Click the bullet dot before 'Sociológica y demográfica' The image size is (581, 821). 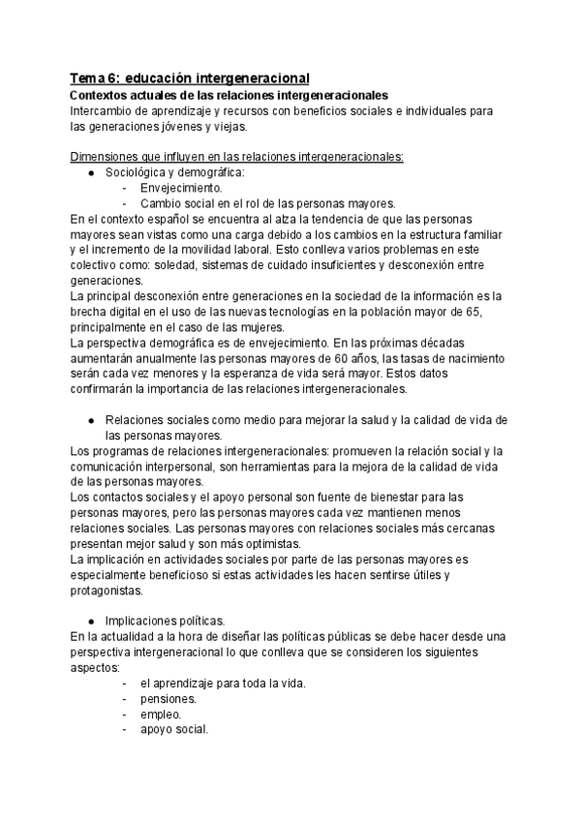[90, 172]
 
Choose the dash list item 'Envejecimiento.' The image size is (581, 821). [181, 188]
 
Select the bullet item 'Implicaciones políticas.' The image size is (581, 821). [165, 621]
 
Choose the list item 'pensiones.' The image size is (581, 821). [168, 698]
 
